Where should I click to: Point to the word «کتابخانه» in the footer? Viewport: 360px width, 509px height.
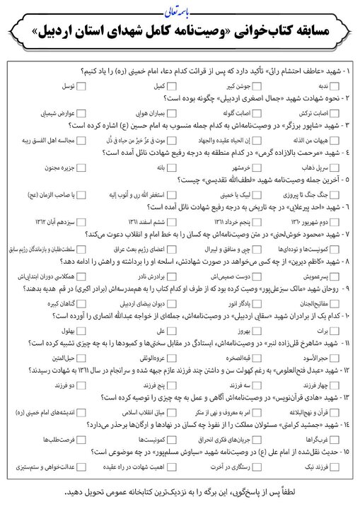tap(125, 492)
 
